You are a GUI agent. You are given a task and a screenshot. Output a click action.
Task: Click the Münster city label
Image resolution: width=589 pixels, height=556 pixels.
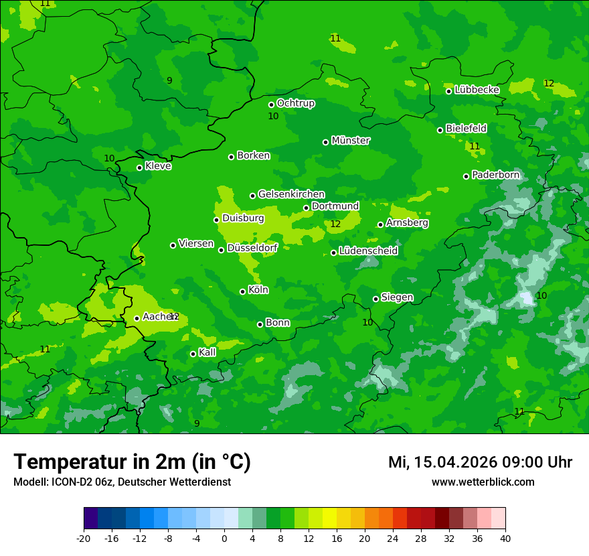click(351, 141)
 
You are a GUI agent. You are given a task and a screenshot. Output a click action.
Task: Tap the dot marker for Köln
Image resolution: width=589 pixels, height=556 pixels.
click(242, 291)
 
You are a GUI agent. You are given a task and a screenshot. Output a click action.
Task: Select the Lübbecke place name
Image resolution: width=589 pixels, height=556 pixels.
click(477, 90)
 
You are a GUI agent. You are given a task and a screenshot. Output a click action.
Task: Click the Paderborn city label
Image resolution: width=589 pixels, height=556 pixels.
click(495, 175)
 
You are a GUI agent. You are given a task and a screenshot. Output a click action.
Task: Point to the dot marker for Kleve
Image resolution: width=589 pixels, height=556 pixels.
click(139, 167)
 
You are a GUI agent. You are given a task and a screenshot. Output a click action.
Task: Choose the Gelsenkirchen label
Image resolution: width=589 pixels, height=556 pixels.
click(291, 194)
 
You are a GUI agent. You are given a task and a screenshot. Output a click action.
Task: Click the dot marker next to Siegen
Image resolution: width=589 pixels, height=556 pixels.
click(375, 299)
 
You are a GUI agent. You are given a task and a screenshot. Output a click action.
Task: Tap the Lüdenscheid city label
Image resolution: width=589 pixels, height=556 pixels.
click(368, 251)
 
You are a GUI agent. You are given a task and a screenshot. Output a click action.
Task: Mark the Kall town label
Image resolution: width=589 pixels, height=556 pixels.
click(207, 352)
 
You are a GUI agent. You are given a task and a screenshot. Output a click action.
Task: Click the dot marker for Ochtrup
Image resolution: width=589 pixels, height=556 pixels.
click(271, 105)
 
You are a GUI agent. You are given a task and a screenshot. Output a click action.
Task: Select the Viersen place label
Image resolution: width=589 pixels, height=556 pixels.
click(196, 244)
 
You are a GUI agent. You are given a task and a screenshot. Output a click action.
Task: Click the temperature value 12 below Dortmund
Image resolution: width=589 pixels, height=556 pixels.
click(335, 224)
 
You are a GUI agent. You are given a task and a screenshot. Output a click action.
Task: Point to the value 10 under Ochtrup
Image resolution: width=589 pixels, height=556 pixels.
click(273, 117)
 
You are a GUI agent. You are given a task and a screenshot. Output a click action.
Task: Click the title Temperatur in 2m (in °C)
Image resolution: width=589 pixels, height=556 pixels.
click(132, 462)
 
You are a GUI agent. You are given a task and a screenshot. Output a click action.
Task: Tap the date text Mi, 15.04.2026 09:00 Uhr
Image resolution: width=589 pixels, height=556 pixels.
click(480, 462)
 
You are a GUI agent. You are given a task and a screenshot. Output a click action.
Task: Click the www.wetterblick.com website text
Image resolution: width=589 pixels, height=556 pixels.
click(483, 482)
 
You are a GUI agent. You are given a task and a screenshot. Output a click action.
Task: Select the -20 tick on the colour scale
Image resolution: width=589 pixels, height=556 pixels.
click(84, 538)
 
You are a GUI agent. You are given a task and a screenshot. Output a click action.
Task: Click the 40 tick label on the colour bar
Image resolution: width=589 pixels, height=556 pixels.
click(505, 538)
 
